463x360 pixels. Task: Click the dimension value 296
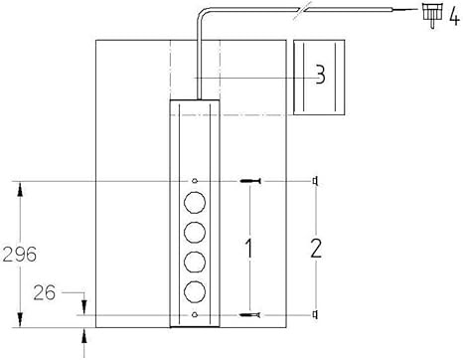(x=20, y=255)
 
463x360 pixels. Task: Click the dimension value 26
(x=45, y=292)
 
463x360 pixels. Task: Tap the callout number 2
(x=316, y=248)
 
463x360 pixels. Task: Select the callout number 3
(x=320, y=75)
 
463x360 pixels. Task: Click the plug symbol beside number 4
(x=432, y=15)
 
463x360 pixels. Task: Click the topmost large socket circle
(x=195, y=202)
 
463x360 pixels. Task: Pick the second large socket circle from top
(x=195, y=232)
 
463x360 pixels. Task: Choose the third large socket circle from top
(x=195, y=262)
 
